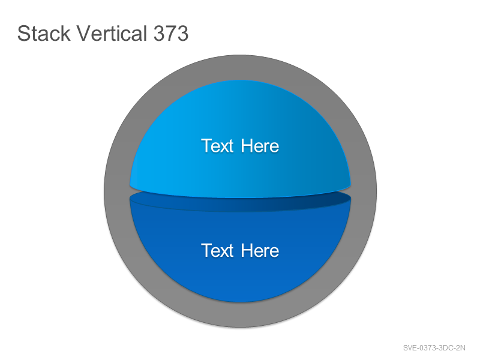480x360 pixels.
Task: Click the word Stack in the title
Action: point(44,33)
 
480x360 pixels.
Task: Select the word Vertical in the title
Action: point(112,33)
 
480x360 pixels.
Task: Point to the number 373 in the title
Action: point(171,33)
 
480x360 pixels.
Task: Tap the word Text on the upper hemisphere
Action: point(217,146)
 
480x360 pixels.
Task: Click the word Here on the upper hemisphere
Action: point(260,146)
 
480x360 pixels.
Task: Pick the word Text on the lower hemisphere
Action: point(217,251)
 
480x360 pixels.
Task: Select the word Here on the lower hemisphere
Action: point(260,251)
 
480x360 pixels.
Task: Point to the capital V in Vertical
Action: point(83,34)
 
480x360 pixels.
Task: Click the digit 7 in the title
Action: point(171,34)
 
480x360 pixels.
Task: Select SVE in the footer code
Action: point(410,348)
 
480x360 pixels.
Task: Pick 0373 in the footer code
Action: point(427,348)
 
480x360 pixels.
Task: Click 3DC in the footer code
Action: point(445,348)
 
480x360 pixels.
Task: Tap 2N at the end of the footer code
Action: point(460,348)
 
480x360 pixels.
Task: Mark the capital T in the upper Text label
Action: point(206,146)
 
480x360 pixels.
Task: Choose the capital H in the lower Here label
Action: point(247,251)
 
